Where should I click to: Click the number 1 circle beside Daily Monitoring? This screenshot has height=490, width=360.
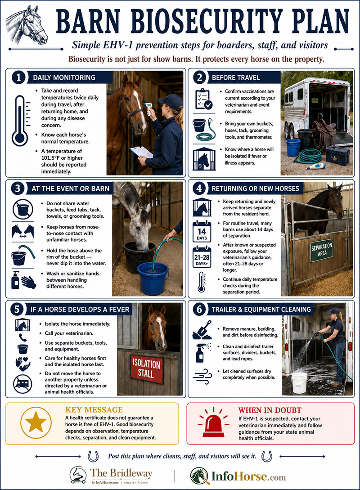18,77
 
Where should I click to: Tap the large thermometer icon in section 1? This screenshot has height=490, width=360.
20,121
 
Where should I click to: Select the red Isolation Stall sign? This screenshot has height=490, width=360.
146,369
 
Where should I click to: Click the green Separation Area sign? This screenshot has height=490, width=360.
322,249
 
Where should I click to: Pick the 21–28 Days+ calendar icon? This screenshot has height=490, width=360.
202,257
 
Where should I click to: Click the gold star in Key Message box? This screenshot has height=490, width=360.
36,423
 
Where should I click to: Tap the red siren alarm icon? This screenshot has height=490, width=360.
213,423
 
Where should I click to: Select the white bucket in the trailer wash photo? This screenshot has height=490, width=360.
299,383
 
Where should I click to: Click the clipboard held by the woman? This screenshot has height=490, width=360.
141,152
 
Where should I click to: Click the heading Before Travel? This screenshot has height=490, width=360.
236,77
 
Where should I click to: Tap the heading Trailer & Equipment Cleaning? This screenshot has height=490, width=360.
261,310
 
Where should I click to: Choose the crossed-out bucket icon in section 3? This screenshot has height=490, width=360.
23,209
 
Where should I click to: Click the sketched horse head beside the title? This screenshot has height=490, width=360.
27,25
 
